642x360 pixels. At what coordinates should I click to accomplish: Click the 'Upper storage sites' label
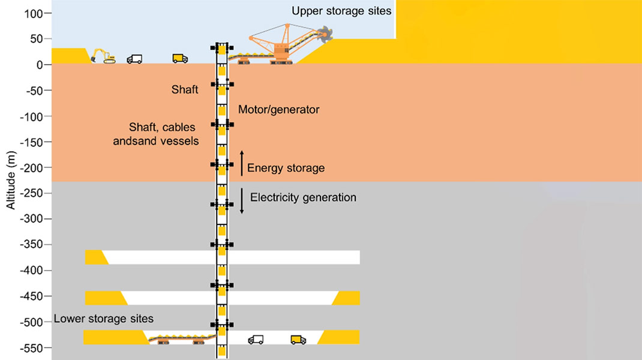[341, 11]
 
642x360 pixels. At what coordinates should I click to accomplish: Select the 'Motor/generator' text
[278, 110]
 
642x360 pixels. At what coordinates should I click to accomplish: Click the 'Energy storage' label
[286, 168]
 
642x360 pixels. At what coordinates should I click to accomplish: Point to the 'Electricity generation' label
[303, 197]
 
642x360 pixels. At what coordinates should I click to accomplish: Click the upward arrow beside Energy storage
[242, 163]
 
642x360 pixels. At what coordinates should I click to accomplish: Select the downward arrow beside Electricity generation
[242, 202]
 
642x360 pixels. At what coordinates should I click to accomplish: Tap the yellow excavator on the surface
[103, 56]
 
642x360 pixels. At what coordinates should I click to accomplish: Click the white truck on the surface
[134, 59]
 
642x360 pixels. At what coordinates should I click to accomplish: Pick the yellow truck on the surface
[180, 58]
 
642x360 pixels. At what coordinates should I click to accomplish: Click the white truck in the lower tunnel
[256, 340]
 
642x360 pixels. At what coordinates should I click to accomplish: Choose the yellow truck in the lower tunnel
[298, 340]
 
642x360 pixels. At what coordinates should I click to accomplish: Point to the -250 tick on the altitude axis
[33, 193]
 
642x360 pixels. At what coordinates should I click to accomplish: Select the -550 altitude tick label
[33, 348]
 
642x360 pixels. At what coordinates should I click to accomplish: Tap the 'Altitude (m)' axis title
[10, 180]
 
